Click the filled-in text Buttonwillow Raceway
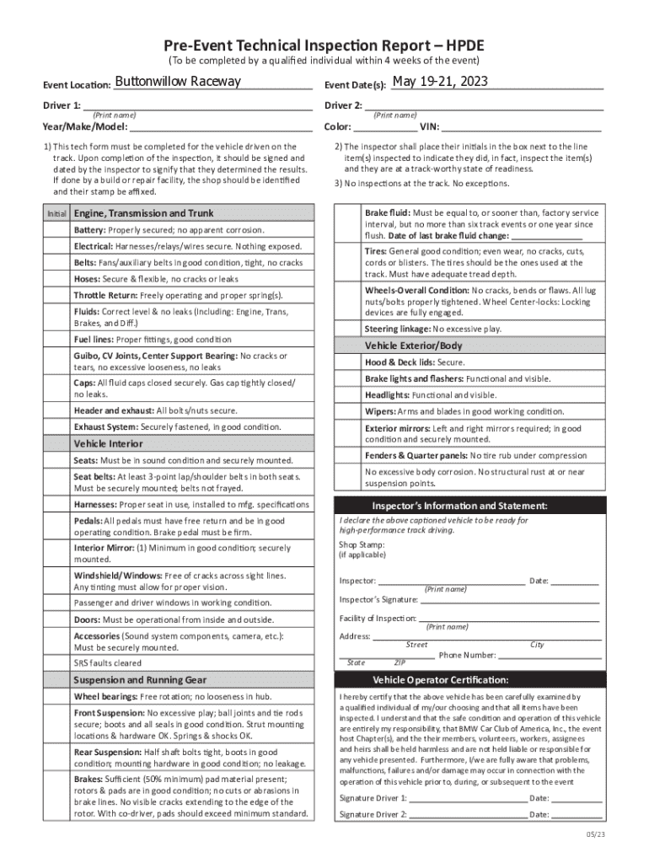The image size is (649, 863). (178, 82)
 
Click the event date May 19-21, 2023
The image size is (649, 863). (440, 82)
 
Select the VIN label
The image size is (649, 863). (429, 128)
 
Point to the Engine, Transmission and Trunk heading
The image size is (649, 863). (144, 213)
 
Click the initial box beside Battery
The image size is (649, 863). (56, 230)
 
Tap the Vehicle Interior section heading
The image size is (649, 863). (108, 443)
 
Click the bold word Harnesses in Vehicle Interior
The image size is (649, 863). (95, 504)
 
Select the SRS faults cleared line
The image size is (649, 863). (108, 663)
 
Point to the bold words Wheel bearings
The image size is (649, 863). (105, 697)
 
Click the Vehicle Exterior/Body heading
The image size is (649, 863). (413, 346)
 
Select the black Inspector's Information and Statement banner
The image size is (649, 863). (469, 506)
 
